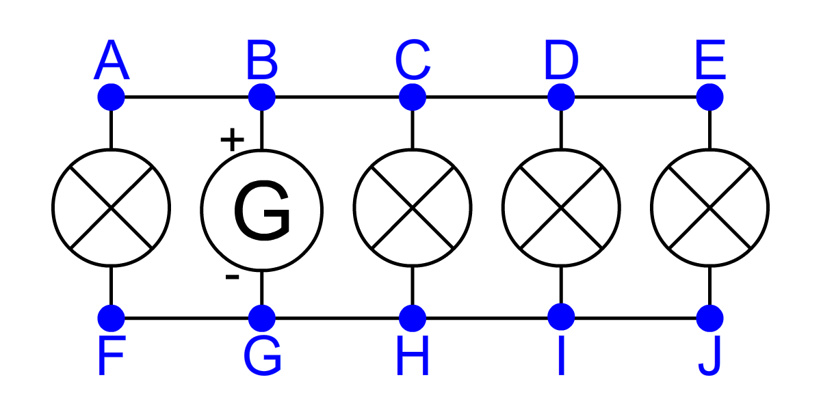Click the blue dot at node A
(112, 97)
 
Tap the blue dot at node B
(261, 97)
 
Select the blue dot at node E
(709, 97)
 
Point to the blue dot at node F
(112, 318)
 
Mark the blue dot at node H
(412, 318)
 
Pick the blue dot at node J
(709, 318)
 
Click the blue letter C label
(413, 61)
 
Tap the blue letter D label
(561, 61)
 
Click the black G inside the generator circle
(262, 211)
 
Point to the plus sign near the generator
(232, 140)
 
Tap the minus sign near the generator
(232, 277)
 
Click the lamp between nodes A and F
(112, 207)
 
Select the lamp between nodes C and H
(412, 207)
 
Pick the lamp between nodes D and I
(561, 207)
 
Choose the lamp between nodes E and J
(709, 207)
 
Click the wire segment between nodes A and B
(186, 97)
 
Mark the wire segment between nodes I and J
(635, 318)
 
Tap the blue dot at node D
(561, 97)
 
